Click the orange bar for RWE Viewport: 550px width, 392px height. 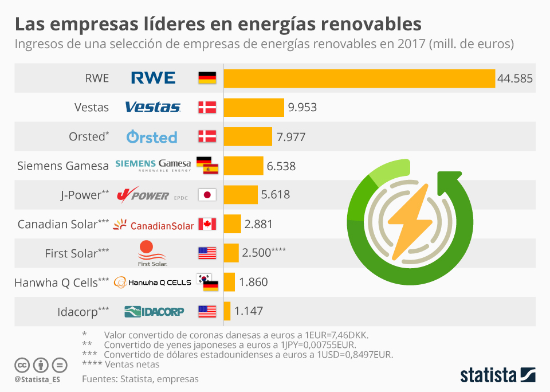click(x=359, y=78)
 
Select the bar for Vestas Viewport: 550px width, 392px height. click(x=254, y=107)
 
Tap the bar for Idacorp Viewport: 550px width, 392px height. click(x=227, y=311)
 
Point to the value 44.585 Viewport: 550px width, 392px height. click(x=515, y=79)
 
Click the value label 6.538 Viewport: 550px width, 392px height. click(x=281, y=166)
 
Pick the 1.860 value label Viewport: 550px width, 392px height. click(x=253, y=282)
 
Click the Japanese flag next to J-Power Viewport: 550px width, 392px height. click(x=207, y=195)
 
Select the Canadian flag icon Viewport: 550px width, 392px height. click(x=207, y=224)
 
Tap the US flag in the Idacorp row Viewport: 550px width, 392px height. click(x=207, y=311)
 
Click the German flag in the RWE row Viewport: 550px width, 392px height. click(x=207, y=78)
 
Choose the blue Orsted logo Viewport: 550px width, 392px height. click(x=152, y=136)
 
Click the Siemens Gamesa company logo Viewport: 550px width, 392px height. click(x=153, y=166)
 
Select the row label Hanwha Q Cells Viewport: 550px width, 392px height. click(x=61, y=282)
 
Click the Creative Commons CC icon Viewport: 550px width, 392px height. click(x=22, y=364)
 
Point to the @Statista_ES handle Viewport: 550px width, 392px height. click(x=38, y=379)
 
